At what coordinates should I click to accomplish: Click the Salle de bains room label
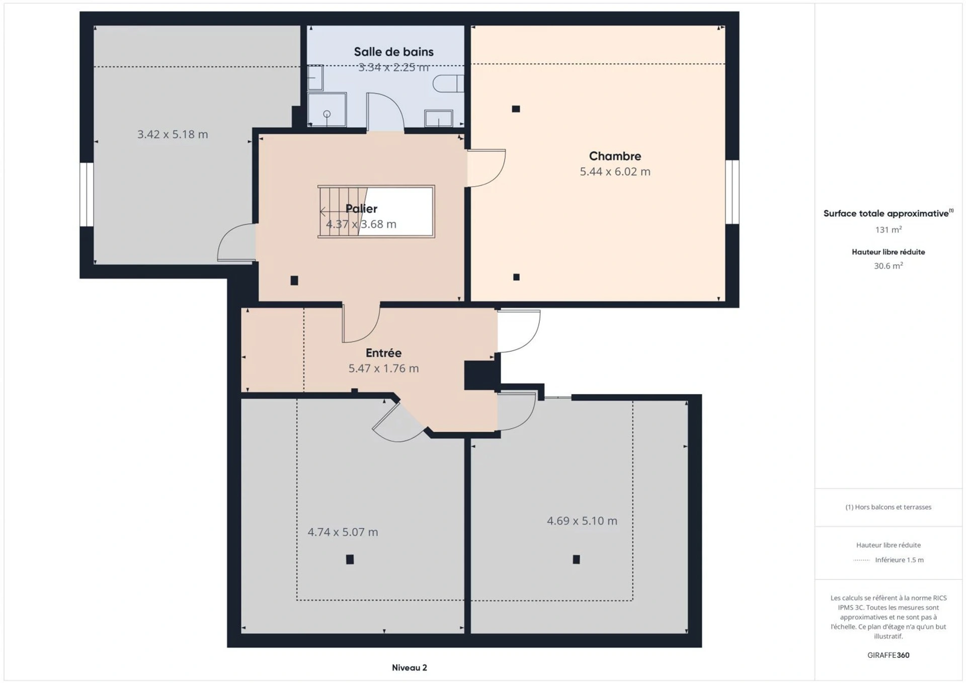click(393, 52)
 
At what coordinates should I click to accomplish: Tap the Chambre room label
click(615, 156)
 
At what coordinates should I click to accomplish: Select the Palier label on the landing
click(361, 209)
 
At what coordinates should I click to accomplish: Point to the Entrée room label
click(383, 353)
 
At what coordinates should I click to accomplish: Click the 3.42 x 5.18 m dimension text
click(173, 134)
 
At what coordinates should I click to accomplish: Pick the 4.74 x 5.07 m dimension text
click(343, 532)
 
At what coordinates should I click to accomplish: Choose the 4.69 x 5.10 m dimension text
click(582, 521)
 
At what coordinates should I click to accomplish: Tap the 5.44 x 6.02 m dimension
click(615, 172)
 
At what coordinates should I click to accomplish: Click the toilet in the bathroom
click(448, 83)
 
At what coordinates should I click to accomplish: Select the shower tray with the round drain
click(327, 109)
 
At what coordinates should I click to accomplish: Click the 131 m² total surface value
click(889, 230)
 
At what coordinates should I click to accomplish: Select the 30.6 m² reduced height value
click(889, 266)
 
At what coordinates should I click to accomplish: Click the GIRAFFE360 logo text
click(889, 655)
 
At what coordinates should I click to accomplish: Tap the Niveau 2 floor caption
click(410, 668)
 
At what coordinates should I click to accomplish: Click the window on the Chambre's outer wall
click(733, 192)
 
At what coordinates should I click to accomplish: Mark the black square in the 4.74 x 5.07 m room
click(350, 559)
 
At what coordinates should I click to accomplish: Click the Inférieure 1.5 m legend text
click(899, 560)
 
